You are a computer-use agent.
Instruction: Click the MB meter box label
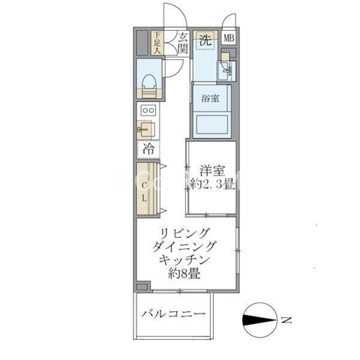[x=229, y=38]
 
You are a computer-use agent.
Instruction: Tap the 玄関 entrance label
[x=183, y=43]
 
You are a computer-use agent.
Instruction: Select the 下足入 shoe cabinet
[x=157, y=43]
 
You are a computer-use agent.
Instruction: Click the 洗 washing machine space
[x=206, y=40]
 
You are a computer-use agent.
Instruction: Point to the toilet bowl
[x=149, y=84]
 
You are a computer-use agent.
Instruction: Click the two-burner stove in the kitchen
[x=148, y=110]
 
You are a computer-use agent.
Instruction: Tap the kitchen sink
[x=146, y=129]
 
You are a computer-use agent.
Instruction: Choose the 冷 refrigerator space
[x=148, y=149]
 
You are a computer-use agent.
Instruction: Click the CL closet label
[x=144, y=192]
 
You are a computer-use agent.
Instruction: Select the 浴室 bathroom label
[x=210, y=98]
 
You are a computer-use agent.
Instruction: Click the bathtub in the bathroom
[x=211, y=124]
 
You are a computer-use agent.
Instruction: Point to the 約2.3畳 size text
[x=212, y=184]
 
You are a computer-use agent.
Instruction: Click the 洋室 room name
[x=212, y=171]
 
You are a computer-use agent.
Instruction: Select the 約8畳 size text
[x=184, y=274]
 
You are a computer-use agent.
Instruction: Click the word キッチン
[x=184, y=260]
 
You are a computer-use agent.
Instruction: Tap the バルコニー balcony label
[x=174, y=313]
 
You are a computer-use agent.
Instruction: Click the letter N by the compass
[x=286, y=320]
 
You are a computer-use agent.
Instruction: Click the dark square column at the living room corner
[x=142, y=286]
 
